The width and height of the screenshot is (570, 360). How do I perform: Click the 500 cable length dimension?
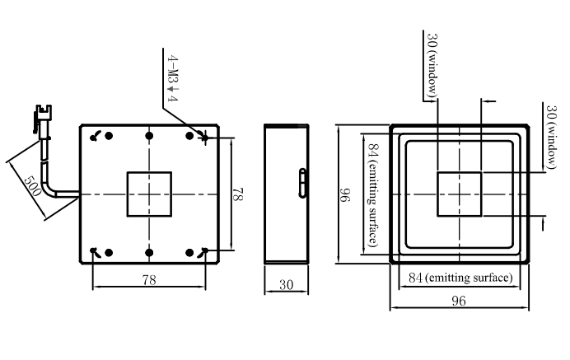click(x=32, y=186)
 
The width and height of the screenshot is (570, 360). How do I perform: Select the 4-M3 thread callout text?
click(x=172, y=78)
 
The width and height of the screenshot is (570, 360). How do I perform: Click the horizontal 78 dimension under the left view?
click(x=149, y=279)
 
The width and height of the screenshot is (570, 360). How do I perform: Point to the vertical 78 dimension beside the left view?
click(x=237, y=194)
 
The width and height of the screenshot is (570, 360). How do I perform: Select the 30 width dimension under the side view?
click(x=286, y=284)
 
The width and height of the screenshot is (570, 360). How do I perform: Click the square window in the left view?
click(x=149, y=194)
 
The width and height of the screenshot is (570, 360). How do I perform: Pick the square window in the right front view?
click(x=460, y=194)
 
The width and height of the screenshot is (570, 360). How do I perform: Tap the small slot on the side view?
click(x=302, y=183)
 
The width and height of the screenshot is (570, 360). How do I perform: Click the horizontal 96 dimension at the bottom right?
click(x=459, y=301)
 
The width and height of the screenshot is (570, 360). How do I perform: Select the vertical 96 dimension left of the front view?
click(x=344, y=195)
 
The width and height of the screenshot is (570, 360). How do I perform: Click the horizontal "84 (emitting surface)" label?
click(x=460, y=278)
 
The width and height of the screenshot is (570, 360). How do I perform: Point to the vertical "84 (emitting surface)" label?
click(x=373, y=194)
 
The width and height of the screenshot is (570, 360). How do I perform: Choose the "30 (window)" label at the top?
click(x=432, y=65)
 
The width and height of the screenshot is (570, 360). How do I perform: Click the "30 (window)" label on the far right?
click(x=551, y=137)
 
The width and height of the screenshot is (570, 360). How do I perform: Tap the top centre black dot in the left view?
click(x=149, y=136)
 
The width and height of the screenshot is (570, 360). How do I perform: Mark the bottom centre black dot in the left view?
click(x=149, y=252)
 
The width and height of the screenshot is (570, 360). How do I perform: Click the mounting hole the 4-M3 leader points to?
click(x=205, y=138)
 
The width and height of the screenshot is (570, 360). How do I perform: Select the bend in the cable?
click(x=49, y=189)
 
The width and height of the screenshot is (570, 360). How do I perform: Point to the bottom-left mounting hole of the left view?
click(x=94, y=251)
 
